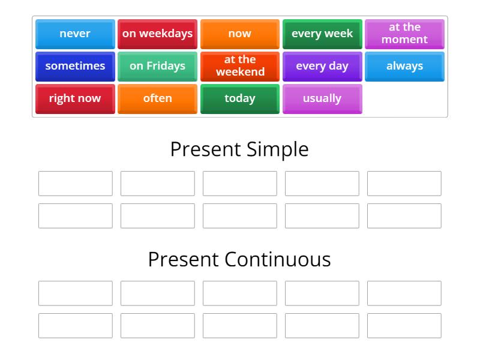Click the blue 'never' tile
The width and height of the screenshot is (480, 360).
pyautogui.click(x=75, y=34)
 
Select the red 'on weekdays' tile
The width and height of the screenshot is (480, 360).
pyautogui.click(x=157, y=34)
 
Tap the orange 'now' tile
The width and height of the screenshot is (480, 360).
pyautogui.click(x=239, y=34)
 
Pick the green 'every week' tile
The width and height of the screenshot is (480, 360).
pyautogui.click(x=322, y=34)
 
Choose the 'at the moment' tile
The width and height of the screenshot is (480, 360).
pyautogui.click(x=404, y=34)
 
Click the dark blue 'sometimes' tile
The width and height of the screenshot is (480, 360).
pyautogui.click(x=75, y=66)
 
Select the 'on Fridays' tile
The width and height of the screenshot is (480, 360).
pyautogui.click(x=157, y=66)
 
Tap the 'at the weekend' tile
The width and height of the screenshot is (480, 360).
pyautogui.click(x=239, y=66)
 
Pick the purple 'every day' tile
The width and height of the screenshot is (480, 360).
pyautogui.click(x=322, y=66)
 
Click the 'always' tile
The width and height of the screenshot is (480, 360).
pyautogui.click(x=404, y=66)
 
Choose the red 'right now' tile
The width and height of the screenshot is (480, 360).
pyautogui.click(x=75, y=98)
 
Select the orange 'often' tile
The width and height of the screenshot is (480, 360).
pyautogui.click(x=157, y=98)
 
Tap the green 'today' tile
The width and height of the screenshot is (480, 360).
pyautogui.click(x=239, y=98)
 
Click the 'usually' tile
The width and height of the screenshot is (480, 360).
pyautogui.click(x=322, y=98)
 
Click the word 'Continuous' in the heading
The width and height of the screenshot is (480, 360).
pyautogui.click(x=278, y=259)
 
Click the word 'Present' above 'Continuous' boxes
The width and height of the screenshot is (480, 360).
pyautogui.click(x=184, y=259)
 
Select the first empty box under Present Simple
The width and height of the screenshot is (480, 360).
pyautogui.click(x=76, y=184)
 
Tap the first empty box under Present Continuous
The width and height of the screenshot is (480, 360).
pyautogui.click(x=76, y=293)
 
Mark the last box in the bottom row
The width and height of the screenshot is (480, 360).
pyautogui.click(x=404, y=326)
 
